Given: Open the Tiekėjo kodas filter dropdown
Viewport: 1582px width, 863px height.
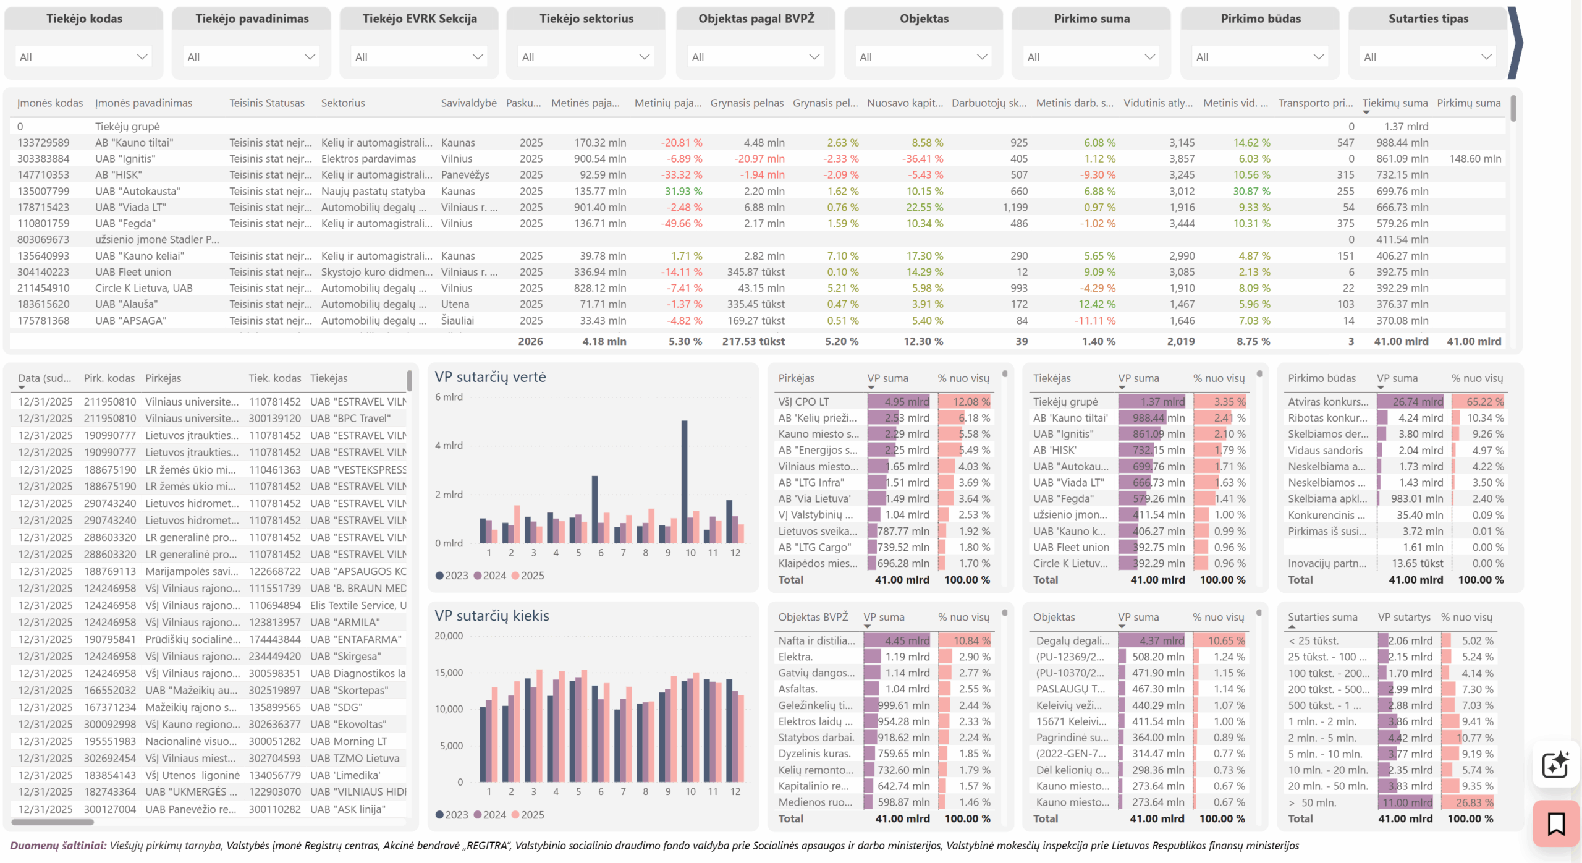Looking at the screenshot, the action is (x=83, y=57).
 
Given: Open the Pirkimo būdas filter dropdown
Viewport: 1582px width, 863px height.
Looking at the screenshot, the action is (x=1260, y=57).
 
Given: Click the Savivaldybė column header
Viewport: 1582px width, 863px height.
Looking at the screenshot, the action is (x=468, y=103).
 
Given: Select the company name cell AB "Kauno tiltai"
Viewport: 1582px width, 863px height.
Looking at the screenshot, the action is (x=134, y=143).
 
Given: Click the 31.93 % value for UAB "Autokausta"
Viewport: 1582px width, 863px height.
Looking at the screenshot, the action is (x=683, y=192).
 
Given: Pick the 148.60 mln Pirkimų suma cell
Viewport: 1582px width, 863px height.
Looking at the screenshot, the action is (x=1475, y=159).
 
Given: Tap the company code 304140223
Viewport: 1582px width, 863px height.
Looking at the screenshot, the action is (x=43, y=272).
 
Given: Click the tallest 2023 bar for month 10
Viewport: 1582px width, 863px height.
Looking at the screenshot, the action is (x=684, y=482).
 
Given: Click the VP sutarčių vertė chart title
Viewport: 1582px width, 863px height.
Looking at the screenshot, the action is (x=490, y=377).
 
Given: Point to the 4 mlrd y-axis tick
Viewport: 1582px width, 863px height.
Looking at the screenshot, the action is (x=449, y=446).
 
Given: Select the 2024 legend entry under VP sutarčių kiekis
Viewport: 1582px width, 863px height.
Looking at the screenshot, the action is (x=490, y=815).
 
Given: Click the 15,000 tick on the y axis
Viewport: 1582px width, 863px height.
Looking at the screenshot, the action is (x=449, y=673).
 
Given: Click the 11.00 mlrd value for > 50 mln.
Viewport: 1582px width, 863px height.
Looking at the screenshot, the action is (x=1407, y=802).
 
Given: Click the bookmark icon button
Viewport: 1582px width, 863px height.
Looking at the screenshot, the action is (x=1556, y=824).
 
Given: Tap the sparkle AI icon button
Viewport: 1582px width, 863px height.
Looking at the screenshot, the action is (x=1555, y=765).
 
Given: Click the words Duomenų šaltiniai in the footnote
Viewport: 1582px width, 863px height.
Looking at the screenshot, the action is (x=58, y=846).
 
